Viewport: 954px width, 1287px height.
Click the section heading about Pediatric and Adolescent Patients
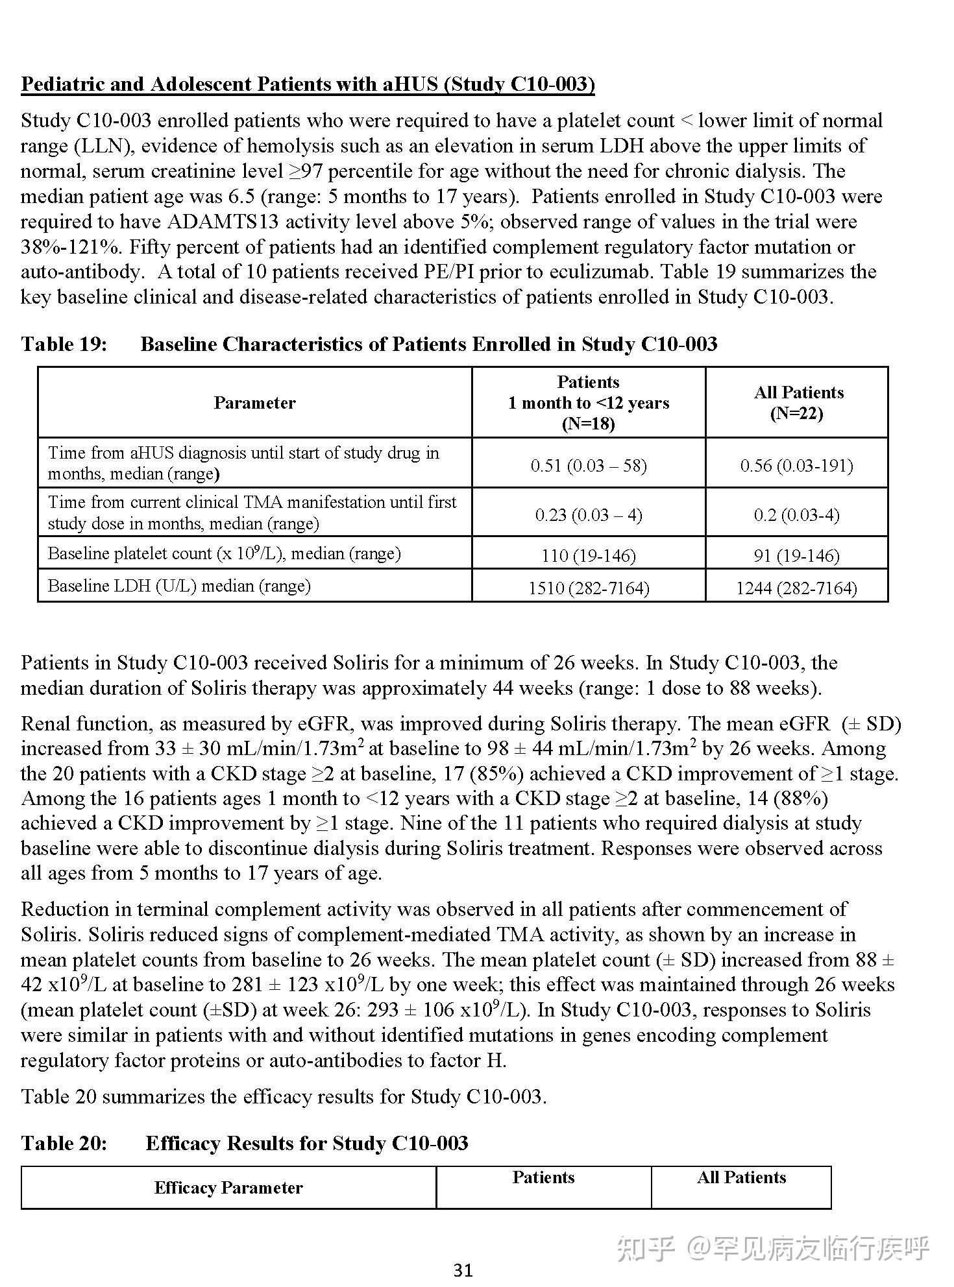click(308, 84)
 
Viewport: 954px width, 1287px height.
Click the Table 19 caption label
click(64, 344)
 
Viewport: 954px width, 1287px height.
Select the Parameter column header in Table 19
click(254, 403)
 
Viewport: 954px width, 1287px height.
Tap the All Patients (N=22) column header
click(797, 403)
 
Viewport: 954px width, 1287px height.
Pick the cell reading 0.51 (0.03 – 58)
click(588, 465)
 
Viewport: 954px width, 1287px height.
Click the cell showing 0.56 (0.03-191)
click(797, 465)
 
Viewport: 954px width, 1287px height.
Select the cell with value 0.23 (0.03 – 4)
click(588, 514)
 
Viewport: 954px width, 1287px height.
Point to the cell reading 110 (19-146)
click(588, 555)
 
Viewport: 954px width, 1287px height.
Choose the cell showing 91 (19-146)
click(797, 555)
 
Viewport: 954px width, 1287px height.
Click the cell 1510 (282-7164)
click(588, 588)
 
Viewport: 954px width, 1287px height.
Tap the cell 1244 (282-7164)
click(797, 588)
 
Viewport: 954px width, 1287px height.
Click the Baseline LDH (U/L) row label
click(179, 586)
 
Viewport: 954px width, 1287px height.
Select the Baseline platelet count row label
click(224, 553)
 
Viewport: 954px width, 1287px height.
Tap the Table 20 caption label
click(64, 1143)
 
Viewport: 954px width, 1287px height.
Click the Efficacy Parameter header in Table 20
click(228, 1188)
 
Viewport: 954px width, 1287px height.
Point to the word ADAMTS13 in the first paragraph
click(223, 222)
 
